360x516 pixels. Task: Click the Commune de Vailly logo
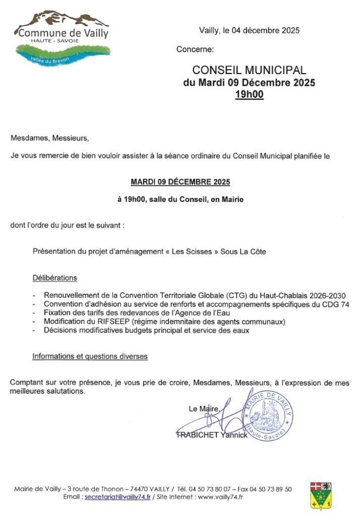[62, 39]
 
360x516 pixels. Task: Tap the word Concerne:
[195, 49]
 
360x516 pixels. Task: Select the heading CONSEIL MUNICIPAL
[249, 71]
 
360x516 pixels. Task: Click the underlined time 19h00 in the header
[249, 94]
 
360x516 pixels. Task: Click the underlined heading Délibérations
[55, 278]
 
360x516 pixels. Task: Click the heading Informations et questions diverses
[90, 356]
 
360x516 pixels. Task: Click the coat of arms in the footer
[320, 495]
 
